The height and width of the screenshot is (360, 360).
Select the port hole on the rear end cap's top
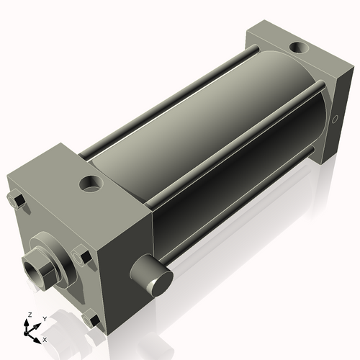coord(297,48)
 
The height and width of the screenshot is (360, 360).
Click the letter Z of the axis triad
coord(30,315)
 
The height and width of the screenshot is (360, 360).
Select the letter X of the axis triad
coord(45,339)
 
